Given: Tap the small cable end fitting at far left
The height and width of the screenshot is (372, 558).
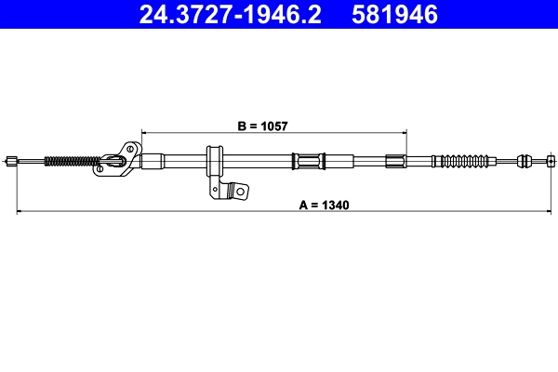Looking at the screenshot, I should coord(11,161).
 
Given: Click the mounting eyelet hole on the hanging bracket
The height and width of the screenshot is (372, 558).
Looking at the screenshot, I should coord(240,192).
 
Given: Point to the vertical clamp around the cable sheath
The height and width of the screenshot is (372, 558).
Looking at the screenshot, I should coord(213,160).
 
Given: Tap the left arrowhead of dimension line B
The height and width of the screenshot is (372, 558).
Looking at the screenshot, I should coord(143,132).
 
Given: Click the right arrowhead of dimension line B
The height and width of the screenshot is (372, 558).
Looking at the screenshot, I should coord(405,132).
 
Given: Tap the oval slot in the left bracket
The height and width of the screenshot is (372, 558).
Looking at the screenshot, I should coord(113,160).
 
